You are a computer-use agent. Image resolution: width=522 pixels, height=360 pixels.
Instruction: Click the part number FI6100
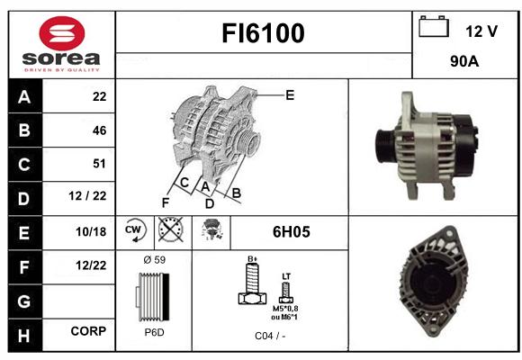click(263, 33)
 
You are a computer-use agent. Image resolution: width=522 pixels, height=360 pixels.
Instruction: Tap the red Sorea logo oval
click(62, 33)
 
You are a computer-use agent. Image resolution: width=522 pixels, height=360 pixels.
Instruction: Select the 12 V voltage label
click(481, 31)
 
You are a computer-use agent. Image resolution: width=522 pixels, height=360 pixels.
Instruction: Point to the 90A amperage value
click(464, 61)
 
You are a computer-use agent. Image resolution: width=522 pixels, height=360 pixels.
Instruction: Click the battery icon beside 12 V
click(434, 27)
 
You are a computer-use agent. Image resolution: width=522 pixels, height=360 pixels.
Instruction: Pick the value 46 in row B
click(100, 130)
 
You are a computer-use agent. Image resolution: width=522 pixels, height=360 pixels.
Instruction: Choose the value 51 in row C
click(99, 164)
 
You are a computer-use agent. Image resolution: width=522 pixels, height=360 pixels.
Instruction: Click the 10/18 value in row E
click(91, 232)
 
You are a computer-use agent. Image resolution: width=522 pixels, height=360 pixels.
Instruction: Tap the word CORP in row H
click(88, 331)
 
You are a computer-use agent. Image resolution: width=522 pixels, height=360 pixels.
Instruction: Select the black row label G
click(24, 301)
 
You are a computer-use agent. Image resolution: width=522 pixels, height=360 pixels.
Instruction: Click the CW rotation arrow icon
click(134, 229)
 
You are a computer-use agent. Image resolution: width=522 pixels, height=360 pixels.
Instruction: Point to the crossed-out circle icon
click(171, 229)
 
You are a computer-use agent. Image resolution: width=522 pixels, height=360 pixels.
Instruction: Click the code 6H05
click(292, 232)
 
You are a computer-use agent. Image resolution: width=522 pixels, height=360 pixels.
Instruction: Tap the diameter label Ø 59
click(155, 260)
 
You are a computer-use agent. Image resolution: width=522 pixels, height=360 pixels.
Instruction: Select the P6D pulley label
click(155, 332)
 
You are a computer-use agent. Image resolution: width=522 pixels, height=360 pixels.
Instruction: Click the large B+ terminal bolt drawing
click(253, 283)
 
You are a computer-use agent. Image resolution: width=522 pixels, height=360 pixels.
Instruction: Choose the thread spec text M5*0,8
click(285, 309)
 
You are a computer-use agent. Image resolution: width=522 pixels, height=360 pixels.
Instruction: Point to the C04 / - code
click(270, 336)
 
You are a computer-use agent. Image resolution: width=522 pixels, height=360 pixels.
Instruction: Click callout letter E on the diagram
click(290, 95)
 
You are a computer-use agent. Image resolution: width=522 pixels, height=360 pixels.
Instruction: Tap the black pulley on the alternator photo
click(385, 146)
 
